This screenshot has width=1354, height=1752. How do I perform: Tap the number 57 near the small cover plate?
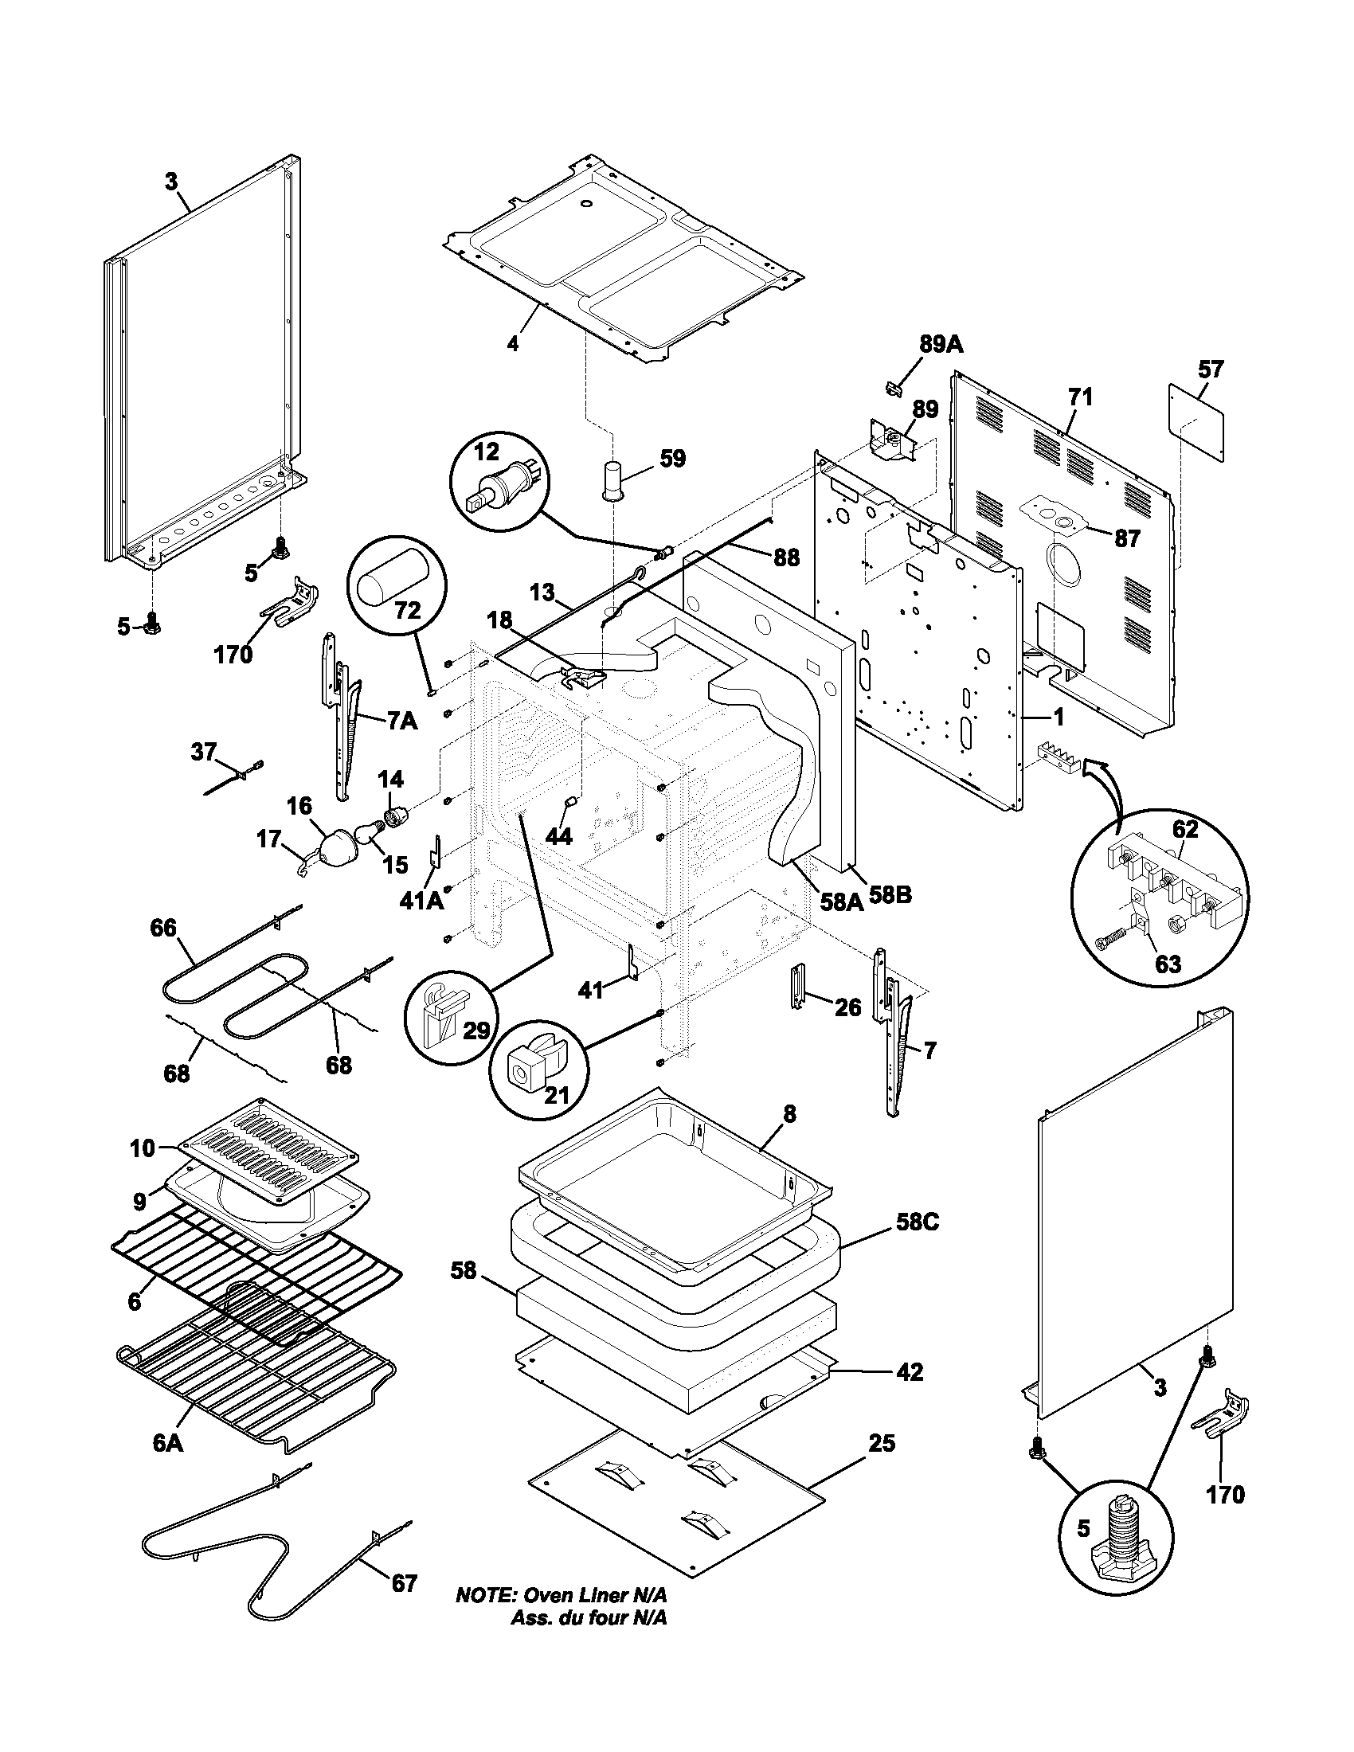point(1211,369)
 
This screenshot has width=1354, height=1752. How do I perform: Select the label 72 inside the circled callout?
point(408,611)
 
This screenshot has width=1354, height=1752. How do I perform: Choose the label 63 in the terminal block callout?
point(1167,963)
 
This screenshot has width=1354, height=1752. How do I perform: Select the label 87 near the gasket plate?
point(1127,538)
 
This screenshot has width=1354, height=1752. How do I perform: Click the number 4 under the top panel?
point(513,343)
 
